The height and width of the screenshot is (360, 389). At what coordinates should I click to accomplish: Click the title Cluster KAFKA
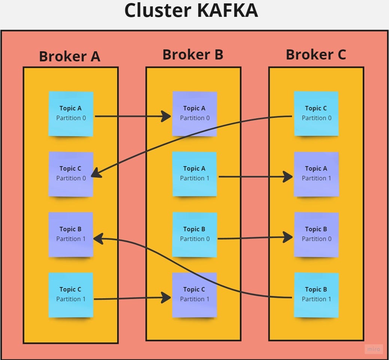point(191,10)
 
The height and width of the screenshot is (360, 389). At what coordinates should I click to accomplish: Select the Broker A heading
point(70,56)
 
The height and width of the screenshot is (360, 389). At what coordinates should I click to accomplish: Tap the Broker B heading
point(193,55)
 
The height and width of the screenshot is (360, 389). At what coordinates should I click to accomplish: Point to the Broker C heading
point(316,55)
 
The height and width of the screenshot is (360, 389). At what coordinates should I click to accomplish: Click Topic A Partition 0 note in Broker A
point(71,113)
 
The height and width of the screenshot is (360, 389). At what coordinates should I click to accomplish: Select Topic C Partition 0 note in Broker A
point(71,174)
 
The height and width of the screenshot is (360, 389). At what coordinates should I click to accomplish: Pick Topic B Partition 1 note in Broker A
point(71,234)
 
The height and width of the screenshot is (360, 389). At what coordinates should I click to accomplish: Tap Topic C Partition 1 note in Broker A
point(71,295)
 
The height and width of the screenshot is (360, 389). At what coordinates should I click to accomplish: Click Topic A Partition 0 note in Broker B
point(195,113)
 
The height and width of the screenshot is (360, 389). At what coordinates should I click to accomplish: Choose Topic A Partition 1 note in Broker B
point(195,174)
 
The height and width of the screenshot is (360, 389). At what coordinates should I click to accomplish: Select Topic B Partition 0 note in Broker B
point(195,234)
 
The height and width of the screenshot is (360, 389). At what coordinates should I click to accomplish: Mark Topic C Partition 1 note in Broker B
point(195,295)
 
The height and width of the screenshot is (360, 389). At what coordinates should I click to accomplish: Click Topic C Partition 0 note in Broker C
point(316,113)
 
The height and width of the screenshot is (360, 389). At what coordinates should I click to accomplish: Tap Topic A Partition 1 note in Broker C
point(316,174)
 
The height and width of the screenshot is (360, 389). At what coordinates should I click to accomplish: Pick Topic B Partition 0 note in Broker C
point(316,234)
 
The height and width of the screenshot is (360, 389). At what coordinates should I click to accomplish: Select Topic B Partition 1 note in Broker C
point(316,295)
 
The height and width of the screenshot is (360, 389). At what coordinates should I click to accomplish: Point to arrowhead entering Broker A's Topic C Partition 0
point(96,173)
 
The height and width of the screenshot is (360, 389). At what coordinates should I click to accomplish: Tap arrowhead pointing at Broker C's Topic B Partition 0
point(288,237)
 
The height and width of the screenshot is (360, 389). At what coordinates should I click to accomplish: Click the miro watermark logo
point(373,349)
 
